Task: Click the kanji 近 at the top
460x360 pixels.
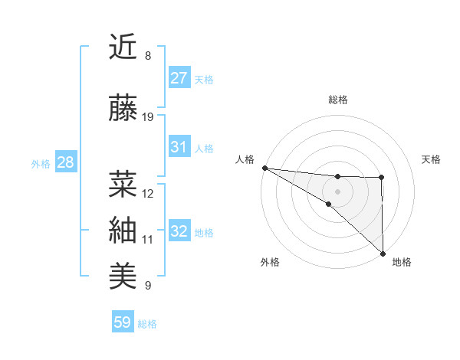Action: [x=123, y=47]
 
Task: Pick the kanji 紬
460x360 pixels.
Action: [x=123, y=230]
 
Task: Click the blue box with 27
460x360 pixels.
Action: [x=179, y=77]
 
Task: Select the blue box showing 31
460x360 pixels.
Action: [x=179, y=147]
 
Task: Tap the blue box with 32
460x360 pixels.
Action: [x=179, y=231]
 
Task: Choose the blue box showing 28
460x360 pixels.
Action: [x=65, y=162]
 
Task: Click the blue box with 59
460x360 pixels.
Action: [x=123, y=322]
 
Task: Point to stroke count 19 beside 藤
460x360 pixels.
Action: [x=148, y=117]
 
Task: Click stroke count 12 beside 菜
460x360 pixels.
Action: [x=148, y=194]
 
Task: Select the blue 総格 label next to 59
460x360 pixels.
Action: [x=147, y=324]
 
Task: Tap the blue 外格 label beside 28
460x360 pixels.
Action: [x=41, y=163]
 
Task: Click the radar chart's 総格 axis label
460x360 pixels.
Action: [x=338, y=100]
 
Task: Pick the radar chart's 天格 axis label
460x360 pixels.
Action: [x=432, y=159]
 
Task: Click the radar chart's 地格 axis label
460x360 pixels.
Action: [x=402, y=263]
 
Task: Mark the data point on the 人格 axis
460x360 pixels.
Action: [x=264, y=168]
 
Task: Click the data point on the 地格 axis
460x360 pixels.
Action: [x=382, y=254]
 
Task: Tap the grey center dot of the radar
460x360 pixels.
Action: [x=338, y=190]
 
